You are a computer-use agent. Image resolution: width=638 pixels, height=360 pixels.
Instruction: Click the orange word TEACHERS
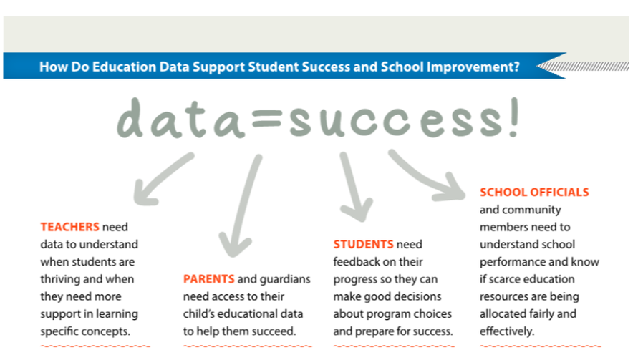(x=69, y=227)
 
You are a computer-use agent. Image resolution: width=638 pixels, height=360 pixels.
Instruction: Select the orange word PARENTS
(x=209, y=279)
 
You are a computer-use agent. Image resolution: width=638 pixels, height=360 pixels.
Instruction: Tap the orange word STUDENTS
(x=363, y=244)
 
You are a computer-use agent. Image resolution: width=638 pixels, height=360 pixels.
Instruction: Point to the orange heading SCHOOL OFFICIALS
(x=534, y=192)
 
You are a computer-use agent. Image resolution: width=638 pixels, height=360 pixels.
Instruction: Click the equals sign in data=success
(x=267, y=119)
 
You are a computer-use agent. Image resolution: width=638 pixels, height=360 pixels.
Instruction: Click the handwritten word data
(x=181, y=119)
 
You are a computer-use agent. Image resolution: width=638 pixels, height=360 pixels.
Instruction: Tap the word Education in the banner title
(x=124, y=67)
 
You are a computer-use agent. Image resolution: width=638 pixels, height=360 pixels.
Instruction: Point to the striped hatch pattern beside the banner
(x=584, y=67)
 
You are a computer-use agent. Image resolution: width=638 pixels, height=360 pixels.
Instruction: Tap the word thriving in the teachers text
(x=61, y=279)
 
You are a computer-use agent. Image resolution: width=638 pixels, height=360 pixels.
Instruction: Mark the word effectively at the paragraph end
(x=506, y=331)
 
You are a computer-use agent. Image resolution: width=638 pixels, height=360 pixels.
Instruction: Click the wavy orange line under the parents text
(x=247, y=346)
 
